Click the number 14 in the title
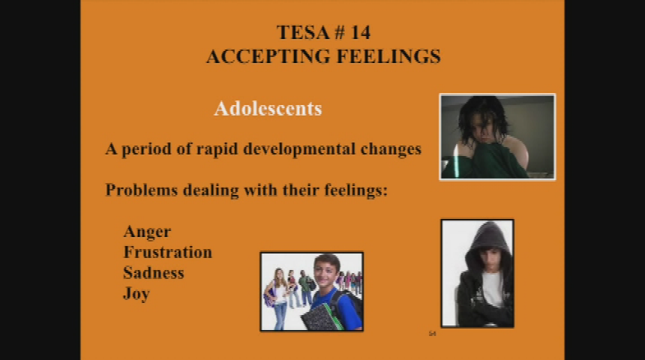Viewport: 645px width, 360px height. (360, 32)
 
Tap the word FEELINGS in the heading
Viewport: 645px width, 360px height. (388, 56)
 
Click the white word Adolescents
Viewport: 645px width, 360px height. (268, 109)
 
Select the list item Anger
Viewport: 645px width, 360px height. (147, 232)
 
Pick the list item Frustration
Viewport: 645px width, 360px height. (167, 252)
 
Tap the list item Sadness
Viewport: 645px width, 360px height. (154, 273)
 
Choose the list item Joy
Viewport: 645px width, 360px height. (136, 294)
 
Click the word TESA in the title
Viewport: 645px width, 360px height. (301, 32)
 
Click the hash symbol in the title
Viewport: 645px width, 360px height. (339, 32)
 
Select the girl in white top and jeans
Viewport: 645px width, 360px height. (277, 298)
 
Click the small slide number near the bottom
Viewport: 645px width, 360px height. (432, 334)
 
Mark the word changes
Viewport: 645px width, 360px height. (391, 149)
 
